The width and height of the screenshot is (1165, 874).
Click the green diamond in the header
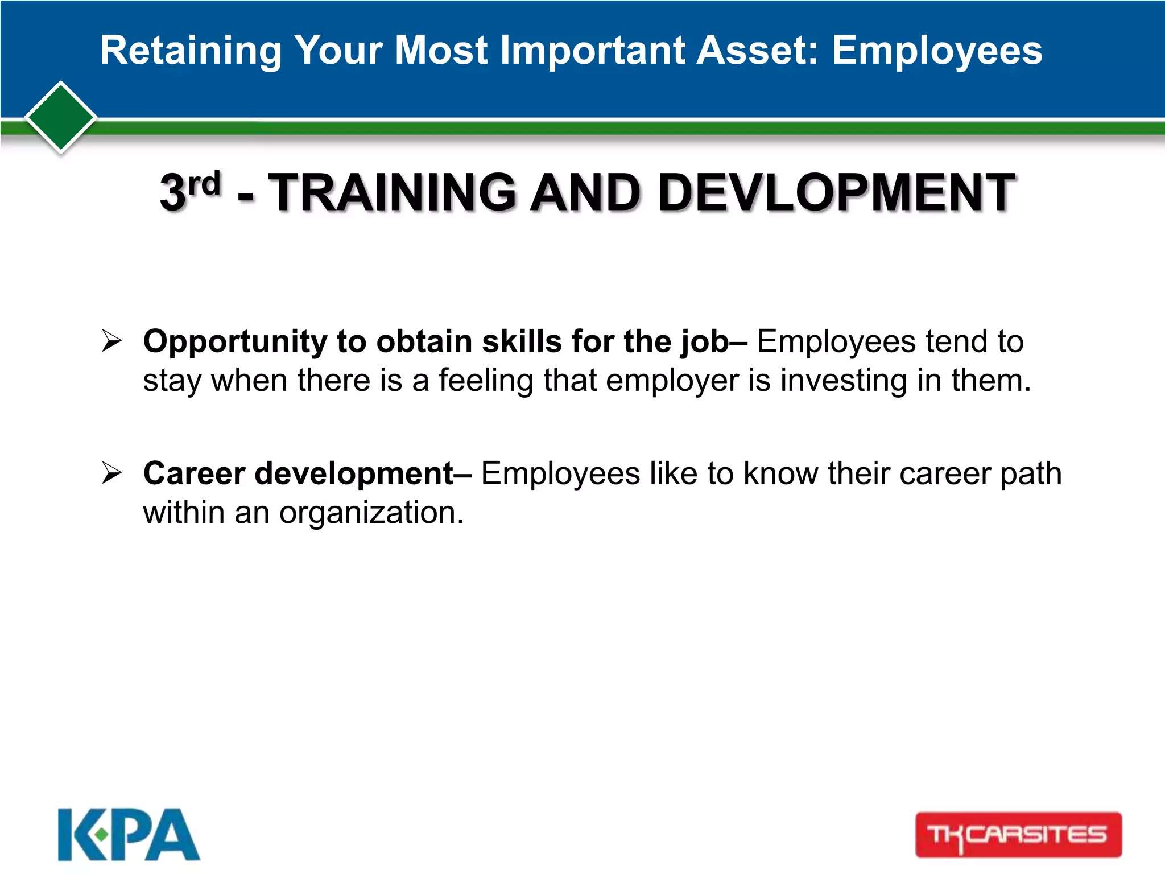61,118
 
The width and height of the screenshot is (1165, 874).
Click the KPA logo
129,835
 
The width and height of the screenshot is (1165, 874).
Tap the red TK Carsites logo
1018,835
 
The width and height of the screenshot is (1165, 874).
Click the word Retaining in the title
191,51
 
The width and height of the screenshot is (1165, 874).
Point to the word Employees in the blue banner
937,51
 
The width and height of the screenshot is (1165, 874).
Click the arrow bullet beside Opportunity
111,341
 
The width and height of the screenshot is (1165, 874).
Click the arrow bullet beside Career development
111,473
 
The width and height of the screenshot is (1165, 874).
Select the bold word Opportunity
235,342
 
